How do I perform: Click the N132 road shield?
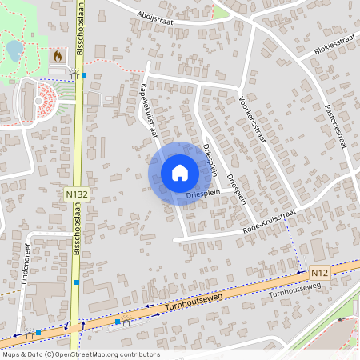(x=77, y=194)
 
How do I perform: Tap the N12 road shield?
(x=320, y=273)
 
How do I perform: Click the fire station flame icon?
(x=57, y=57)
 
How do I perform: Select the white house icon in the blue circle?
(x=179, y=172)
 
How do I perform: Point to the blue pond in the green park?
(x=14, y=50)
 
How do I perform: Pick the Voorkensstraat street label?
(x=252, y=119)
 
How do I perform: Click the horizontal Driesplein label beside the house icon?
(x=202, y=194)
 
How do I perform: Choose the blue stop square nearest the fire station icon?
(x=84, y=75)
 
